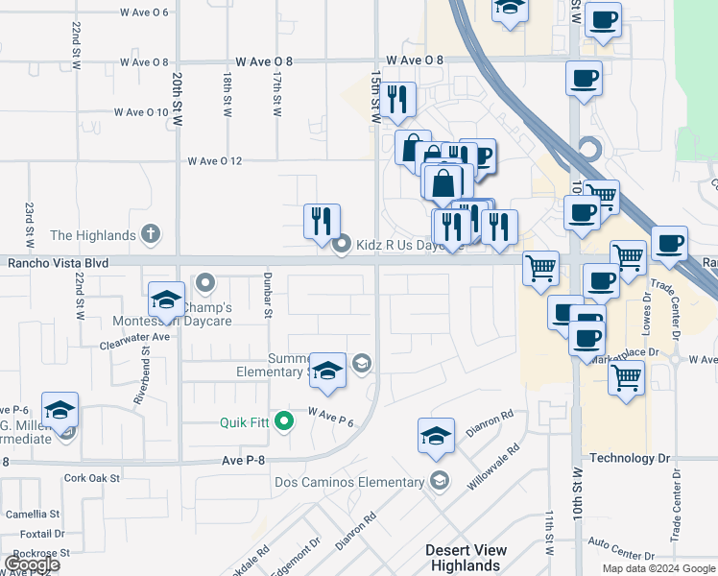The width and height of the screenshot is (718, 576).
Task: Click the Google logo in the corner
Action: coord(33,564)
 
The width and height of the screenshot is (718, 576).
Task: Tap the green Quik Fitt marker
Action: coord(284,420)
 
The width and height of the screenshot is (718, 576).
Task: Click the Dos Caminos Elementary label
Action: coord(349,482)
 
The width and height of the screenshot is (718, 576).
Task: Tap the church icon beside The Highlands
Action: coord(149,233)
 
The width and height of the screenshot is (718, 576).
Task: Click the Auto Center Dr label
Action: coord(621,555)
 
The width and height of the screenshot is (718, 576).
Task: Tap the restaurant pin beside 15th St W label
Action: coord(396,100)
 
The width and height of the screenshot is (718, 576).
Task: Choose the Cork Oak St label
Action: coord(91,477)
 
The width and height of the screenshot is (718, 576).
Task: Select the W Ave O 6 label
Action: coord(144,12)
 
